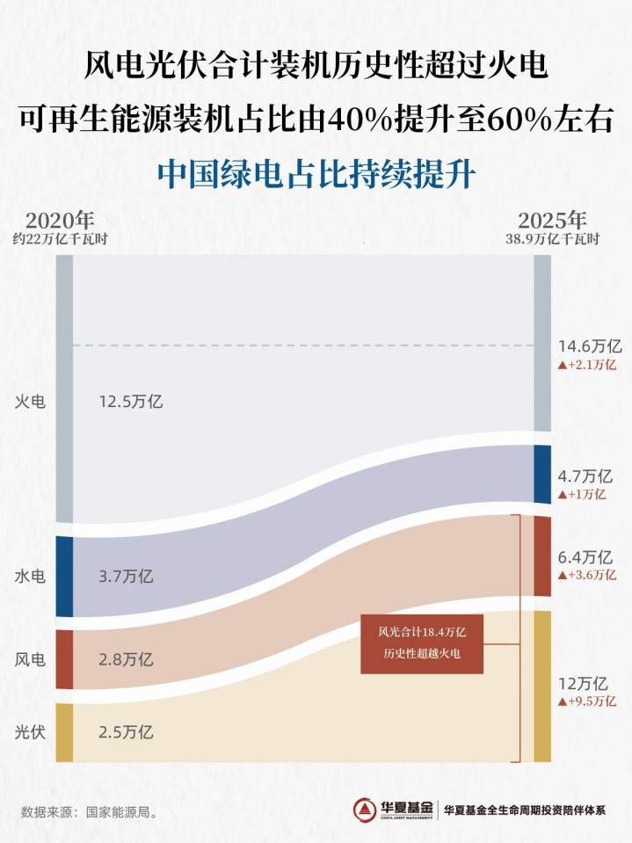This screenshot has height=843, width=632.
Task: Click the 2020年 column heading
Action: pyautogui.click(x=60, y=220)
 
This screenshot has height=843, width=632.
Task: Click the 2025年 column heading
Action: pyautogui.click(x=552, y=220)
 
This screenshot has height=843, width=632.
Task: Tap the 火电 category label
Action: pyautogui.click(x=31, y=402)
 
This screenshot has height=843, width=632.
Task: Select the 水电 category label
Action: pyautogui.click(x=31, y=577)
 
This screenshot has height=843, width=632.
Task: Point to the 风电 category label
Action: pyautogui.click(x=31, y=658)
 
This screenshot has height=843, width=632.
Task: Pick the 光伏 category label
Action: pyautogui.click(x=31, y=730)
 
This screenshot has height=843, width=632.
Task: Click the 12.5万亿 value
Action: pyautogui.click(x=131, y=402)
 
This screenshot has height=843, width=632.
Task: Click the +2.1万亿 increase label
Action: pyautogui.click(x=587, y=364)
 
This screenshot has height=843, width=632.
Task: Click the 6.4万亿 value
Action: pyautogui.click(x=585, y=557)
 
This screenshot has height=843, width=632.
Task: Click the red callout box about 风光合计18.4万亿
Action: pyautogui.click(x=422, y=643)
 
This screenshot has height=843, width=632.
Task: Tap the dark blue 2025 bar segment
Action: pyautogui.click(x=542, y=474)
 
